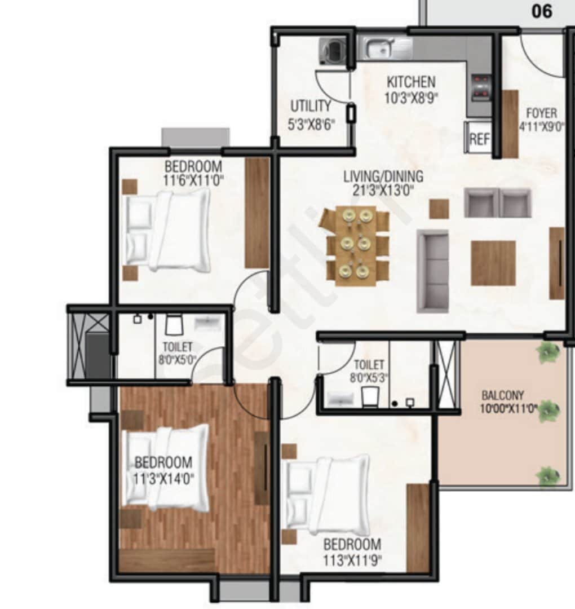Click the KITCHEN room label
(x=411, y=82)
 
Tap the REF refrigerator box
(x=479, y=138)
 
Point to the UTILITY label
(x=311, y=105)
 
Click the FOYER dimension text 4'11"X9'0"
(x=542, y=127)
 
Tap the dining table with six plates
(x=356, y=245)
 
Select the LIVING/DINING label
(x=383, y=176)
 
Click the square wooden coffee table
(x=493, y=263)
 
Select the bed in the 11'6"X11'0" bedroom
(x=167, y=231)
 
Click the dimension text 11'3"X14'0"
(x=163, y=478)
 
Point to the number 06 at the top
(x=542, y=11)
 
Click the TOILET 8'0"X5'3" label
(x=369, y=371)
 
